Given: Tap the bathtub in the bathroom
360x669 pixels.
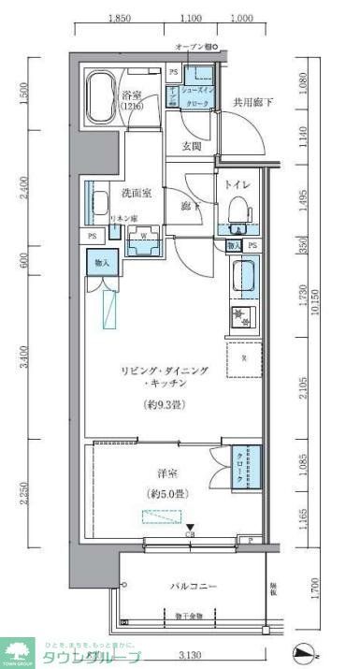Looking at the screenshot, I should (x=99, y=96).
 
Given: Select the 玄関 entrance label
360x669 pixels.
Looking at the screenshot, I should (x=192, y=146).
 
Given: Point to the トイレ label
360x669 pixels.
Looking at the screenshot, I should (x=234, y=184).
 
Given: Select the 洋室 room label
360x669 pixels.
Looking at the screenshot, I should (x=167, y=473).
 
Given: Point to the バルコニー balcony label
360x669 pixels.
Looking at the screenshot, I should (x=194, y=586).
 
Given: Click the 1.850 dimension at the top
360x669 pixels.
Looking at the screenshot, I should (x=119, y=18).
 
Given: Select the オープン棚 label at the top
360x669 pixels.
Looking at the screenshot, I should (x=193, y=46).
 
